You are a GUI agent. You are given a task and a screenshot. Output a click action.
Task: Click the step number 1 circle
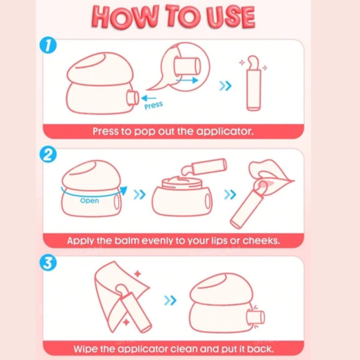pos(48,45)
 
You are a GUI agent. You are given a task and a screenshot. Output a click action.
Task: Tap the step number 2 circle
pos(48,155)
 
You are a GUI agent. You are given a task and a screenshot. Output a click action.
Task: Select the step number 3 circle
pos(48,263)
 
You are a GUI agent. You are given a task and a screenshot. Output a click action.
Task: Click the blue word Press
pos(154,105)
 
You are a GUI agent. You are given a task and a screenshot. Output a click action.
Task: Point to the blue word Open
pos(90,201)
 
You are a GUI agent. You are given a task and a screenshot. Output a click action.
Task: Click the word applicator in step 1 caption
pos(225,132)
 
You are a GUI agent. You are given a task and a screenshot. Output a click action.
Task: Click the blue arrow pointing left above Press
pos(149,98)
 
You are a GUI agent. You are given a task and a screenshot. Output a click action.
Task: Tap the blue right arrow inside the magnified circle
pos(187,80)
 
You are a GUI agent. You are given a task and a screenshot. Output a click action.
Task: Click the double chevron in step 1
pos(225,86)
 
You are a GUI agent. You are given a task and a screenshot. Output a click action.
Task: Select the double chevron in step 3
pos(170,300)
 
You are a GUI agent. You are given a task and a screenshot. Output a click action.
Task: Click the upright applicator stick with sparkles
pos(253,83)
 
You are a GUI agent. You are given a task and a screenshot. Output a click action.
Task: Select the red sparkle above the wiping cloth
pos(138,274)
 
